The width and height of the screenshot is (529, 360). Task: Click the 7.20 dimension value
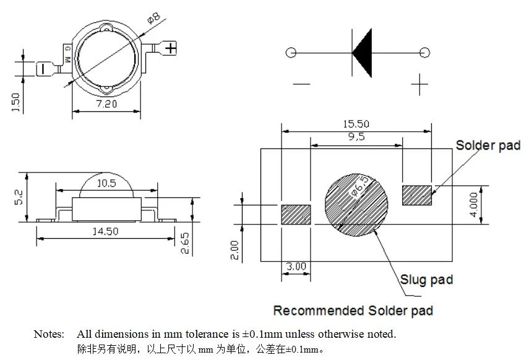click(106, 103)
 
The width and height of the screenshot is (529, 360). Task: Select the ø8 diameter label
click(154, 18)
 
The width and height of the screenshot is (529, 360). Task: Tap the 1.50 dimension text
click(15, 102)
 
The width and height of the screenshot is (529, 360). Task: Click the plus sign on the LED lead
click(171, 48)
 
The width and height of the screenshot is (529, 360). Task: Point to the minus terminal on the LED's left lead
click(43, 69)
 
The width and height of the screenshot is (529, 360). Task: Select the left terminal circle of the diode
click(291, 53)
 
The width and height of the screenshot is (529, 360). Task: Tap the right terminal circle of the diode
click(425, 53)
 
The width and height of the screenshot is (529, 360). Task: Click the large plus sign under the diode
click(419, 84)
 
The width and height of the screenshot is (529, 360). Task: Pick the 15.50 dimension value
click(356, 124)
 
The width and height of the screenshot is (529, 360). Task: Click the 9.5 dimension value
click(356, 137)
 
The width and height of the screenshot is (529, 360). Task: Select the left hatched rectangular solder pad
click(296, 215)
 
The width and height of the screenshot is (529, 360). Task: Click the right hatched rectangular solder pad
click(417, 195)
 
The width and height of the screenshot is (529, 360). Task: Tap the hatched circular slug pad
click(356, 205)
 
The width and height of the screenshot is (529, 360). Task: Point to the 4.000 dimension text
click(474, 205)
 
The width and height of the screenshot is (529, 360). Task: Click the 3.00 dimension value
click(296, 267)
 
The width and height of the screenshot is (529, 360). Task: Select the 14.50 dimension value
click(106, 231)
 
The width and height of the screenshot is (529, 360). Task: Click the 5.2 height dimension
click(19, 197)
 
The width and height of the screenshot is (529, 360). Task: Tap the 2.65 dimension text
click(185, 243)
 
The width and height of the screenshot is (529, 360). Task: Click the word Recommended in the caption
click(319, 311)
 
